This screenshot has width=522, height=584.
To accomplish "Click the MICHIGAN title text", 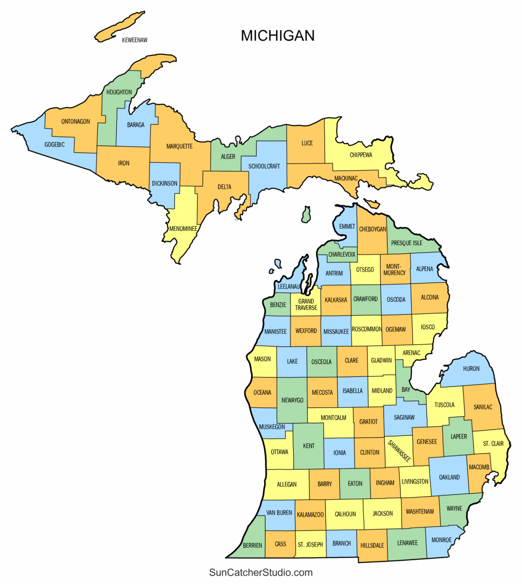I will pos(278,36).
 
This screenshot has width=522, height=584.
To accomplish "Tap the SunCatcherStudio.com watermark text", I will pos(261,572).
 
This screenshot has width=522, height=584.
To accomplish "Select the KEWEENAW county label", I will pos(134,40).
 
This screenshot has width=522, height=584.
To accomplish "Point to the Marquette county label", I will pos(179,146).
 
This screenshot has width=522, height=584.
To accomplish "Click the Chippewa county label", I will pos(361,155).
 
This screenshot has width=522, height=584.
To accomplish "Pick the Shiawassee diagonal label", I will pos(399,451).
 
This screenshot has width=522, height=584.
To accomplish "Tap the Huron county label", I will pos(471,369).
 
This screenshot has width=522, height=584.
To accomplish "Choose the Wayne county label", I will pos(454,508).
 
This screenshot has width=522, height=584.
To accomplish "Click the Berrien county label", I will pos(252,545).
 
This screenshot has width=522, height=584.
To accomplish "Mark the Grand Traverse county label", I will pos(306,305).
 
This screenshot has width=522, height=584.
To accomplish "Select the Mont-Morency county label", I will pos(394,270).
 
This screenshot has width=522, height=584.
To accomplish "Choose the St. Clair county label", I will pos(493,444).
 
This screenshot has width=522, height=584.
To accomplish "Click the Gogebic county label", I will pos(54,144).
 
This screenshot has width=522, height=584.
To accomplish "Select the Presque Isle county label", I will pos(407,243).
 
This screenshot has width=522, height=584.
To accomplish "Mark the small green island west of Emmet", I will pos(306,215).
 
